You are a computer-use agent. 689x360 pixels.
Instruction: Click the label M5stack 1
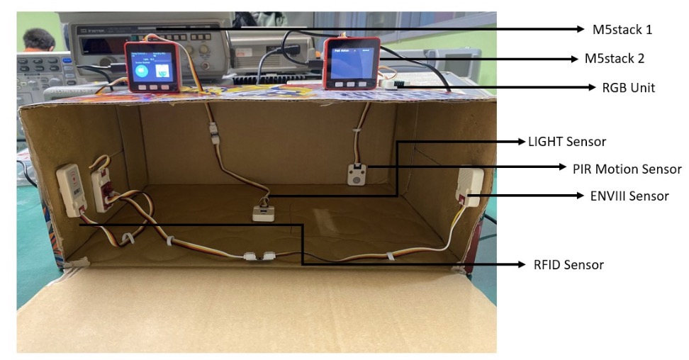point(622,30)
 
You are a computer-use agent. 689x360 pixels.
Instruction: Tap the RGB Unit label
point(628,88)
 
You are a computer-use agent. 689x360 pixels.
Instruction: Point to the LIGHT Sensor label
point(567,142)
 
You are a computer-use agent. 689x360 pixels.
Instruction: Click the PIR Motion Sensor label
point(627,169)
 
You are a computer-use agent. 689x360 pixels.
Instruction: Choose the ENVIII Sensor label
point(629,196)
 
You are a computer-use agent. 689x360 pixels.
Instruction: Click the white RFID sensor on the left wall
point(72,189)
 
